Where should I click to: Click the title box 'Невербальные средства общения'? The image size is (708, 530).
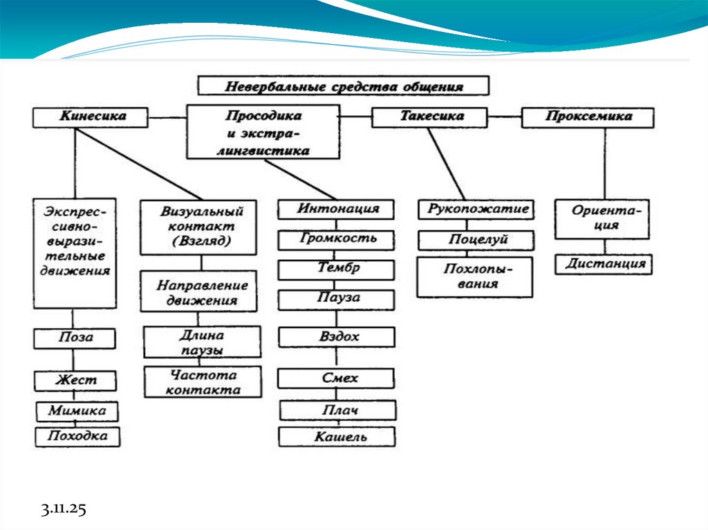tap(344, 86)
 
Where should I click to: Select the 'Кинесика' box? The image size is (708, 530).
tap(90, 117)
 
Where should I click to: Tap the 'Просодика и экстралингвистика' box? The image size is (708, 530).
tap(263, 133)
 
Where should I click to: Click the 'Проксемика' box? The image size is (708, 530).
tap(587, 117)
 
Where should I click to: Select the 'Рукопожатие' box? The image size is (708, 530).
tap(476, 209)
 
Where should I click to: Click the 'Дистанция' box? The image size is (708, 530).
tap(604, 263)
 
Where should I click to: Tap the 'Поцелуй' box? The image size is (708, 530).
tap(476, 240)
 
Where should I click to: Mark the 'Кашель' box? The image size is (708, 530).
tap(337, 437)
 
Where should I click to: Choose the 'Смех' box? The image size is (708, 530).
tap(337, 379)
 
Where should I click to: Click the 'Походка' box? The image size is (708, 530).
tap(77, 436)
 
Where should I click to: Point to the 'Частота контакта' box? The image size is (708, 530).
tap(203, 382)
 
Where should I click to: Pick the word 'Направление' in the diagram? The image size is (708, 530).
tap(202, 285)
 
